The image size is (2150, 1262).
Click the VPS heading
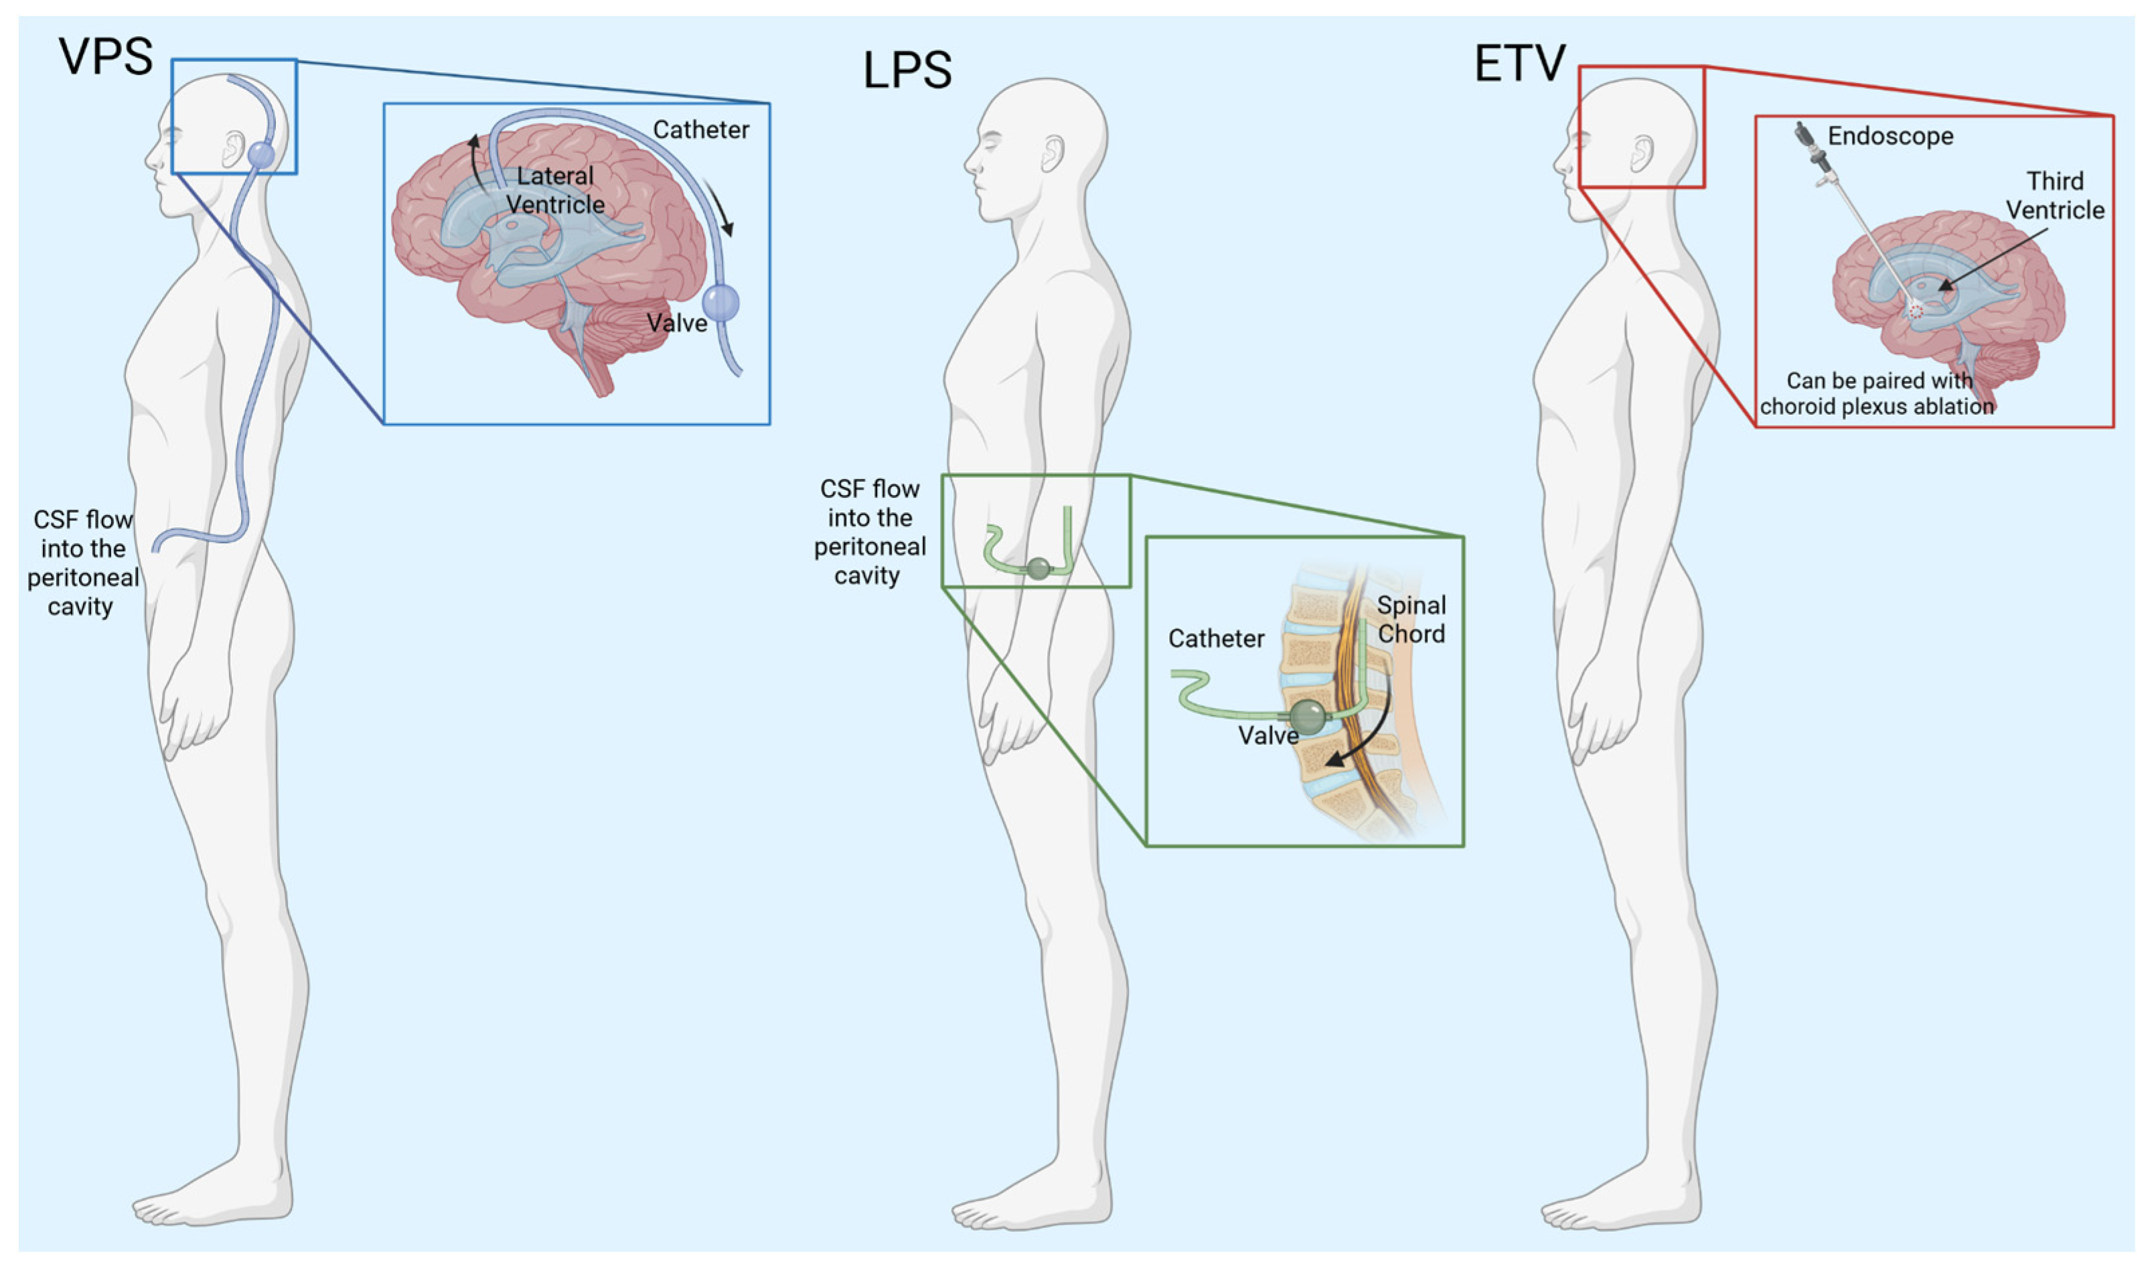(x=106, y=57)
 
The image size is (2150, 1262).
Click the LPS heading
(x=907, y=70)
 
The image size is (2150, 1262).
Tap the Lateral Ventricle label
(x=556, y=190)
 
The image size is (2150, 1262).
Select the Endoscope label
(x=1890, y=136)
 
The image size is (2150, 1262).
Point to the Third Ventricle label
(x=2054, y=196)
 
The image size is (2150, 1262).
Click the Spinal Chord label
(x=1411, y=620)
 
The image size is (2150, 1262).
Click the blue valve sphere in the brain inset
(x=721, y=303)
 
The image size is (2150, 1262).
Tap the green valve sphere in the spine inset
(x=1307, y=717)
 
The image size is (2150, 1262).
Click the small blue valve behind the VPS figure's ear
(x=261, y=155)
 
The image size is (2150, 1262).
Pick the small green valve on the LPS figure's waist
(x=1039, y=568)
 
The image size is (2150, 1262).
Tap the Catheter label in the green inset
(x=1216, y=638)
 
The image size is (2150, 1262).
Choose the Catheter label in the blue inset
(x=700, y=130)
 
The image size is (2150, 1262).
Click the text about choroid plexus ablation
(x=1877, y=393)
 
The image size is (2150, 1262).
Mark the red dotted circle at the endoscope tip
(x=1916, y=311)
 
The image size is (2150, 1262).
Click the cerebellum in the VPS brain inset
(x=635, y=328)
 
